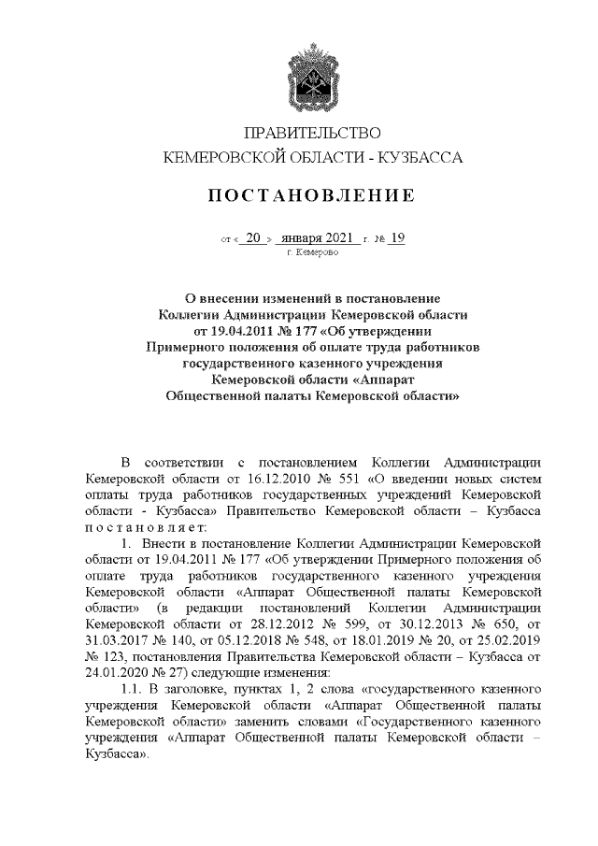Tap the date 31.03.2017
click(x=118, y=641)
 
